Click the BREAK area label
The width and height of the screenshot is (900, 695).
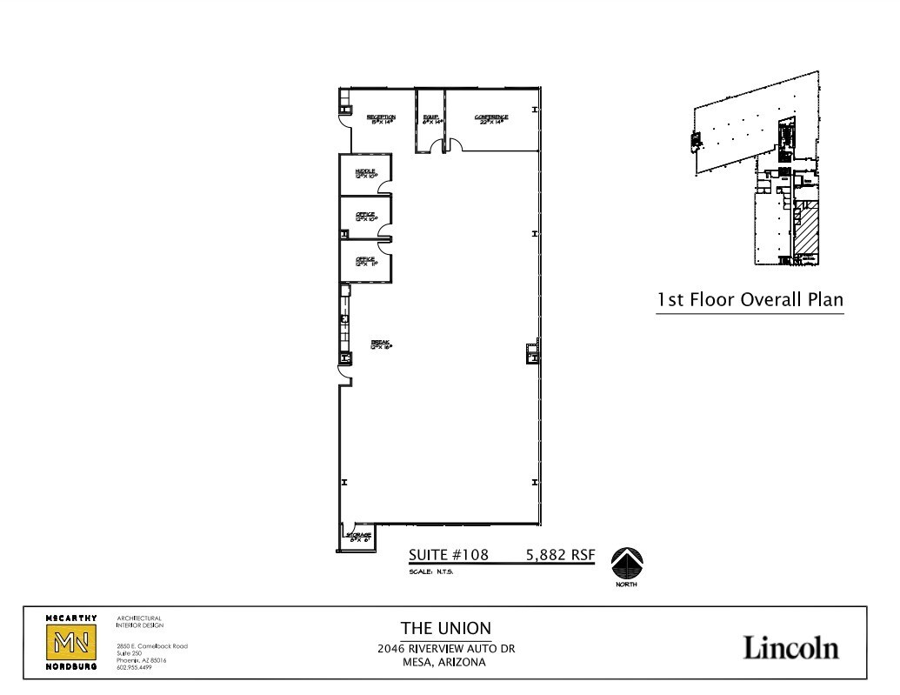[x=381, y=344]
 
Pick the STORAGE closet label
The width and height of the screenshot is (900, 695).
[x=360, y=536]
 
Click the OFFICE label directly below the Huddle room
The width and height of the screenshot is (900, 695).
[x=364, y=217]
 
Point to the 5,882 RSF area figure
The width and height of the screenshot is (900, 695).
[x=559, y=554]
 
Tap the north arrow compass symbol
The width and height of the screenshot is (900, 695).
[x=627, y=563]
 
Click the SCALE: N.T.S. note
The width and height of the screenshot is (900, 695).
[x=431, y=572]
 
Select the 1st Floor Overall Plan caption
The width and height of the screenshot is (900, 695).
[x=750, y=300]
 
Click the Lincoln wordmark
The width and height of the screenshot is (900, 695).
[x=790, y=647]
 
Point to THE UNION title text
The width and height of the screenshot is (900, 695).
[x=445, y=628]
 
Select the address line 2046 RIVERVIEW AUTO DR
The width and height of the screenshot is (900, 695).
[x=445, y=648]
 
